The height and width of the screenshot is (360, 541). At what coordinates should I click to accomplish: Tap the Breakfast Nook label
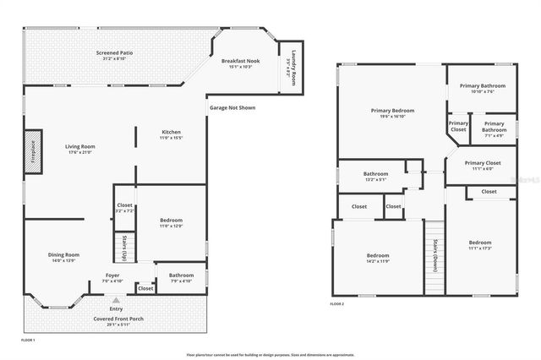(240, 63)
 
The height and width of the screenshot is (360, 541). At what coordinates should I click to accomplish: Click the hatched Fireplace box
(33, 151)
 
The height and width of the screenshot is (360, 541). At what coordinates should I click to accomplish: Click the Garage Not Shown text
(232, 107)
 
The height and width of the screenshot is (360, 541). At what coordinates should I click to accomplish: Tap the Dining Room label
(64, 257)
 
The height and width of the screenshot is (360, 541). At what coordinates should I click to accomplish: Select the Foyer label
(112, 277)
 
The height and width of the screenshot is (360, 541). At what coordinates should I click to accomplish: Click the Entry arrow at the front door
(117, 300)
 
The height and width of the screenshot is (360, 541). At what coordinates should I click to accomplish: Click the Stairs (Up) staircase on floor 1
(125, 247)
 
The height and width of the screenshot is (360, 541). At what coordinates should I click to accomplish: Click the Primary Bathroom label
(482, 87)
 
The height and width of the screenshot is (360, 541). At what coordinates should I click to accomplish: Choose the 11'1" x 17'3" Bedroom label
(480, 245)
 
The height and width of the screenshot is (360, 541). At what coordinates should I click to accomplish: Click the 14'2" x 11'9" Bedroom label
(377, 258)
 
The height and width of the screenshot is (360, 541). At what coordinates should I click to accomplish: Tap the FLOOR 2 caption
(337, 303)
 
